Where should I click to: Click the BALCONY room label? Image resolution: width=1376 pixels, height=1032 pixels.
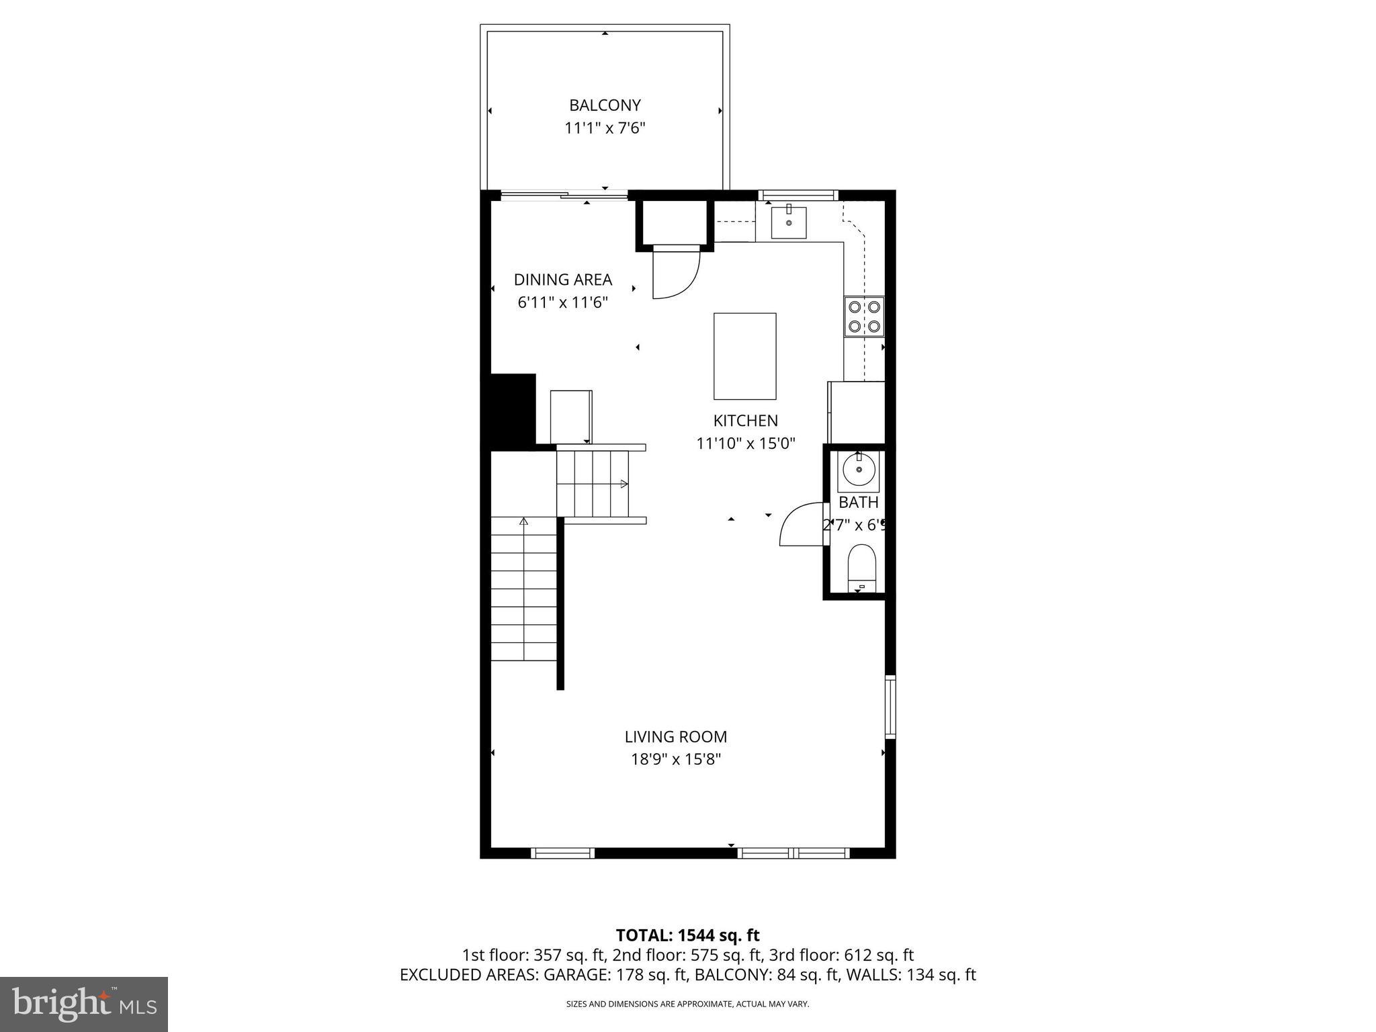605,105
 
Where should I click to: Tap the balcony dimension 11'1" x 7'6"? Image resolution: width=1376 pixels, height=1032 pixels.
605,128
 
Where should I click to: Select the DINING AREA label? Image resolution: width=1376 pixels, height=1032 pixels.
563,279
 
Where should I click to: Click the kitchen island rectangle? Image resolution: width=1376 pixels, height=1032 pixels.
744,356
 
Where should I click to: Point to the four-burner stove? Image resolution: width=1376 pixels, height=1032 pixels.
864,316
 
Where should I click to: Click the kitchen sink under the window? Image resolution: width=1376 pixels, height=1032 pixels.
789,222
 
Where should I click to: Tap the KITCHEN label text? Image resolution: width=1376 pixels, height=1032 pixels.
745,421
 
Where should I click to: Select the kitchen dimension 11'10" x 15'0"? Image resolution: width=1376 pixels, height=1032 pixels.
745,443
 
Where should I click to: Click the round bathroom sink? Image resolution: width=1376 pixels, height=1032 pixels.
858,470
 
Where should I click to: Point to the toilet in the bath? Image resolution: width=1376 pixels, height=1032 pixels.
861,566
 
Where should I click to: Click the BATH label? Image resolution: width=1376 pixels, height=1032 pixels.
858,502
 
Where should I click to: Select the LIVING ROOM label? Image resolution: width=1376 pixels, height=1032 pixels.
675,736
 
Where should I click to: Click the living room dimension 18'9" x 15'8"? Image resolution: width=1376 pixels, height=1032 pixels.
675,759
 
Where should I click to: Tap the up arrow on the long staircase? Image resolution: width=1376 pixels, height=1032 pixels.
523,521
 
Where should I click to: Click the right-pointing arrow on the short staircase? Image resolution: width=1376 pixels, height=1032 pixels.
623,484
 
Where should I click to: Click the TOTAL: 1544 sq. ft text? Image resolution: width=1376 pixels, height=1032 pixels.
687,935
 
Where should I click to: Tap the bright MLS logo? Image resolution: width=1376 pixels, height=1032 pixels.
84,1004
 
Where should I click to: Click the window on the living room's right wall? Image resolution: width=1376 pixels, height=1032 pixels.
890,707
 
